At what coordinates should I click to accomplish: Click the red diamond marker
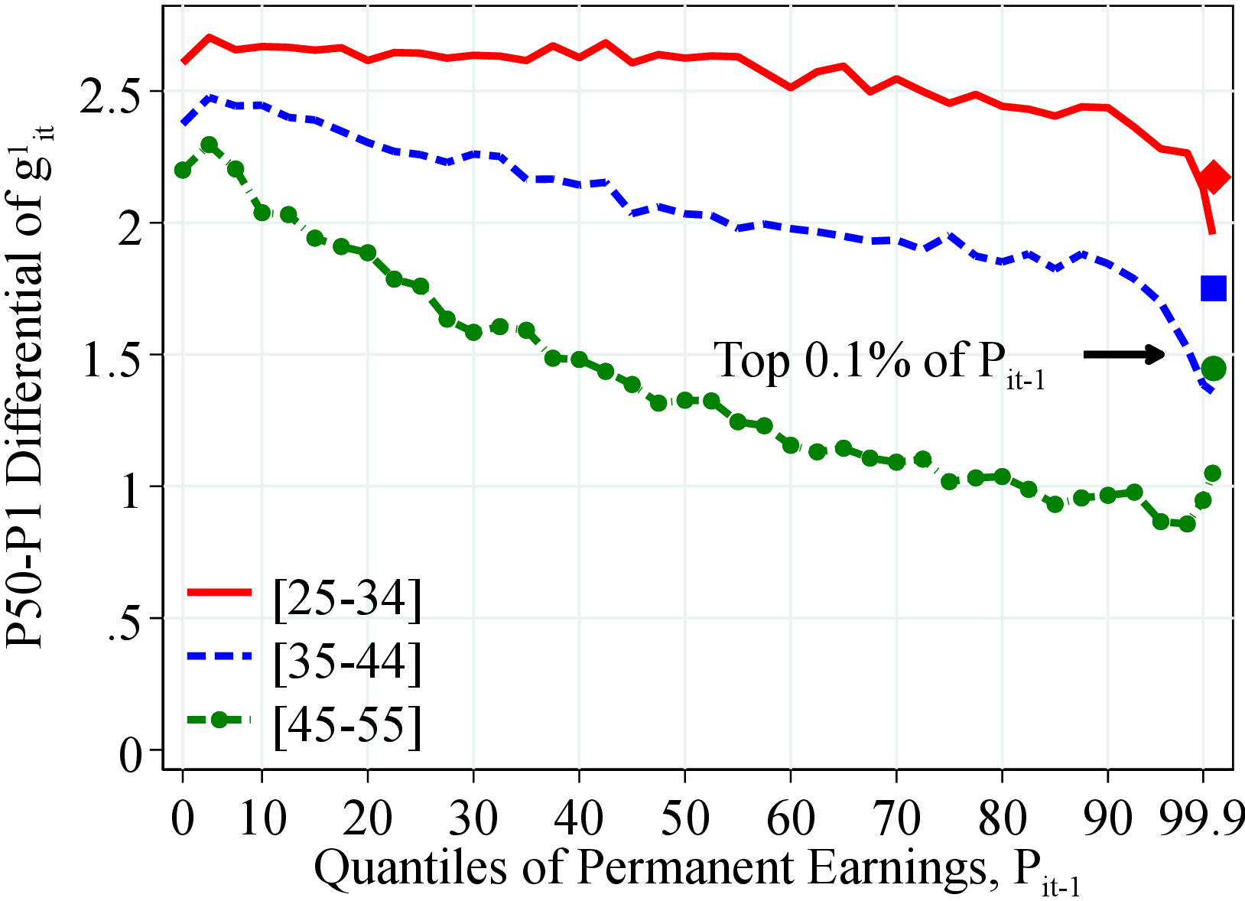click(1214, 177)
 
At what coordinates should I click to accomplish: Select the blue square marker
click(1214, 288)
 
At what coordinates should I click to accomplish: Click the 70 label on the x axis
click(896, 818)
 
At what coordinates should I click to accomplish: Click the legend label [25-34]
click(346, 599)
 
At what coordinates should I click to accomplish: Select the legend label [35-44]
click(346, 661)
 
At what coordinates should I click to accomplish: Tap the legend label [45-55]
click(346, 723)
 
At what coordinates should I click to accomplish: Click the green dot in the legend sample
click(219, 720)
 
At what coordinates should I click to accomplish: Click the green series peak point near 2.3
click(209, 145)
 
